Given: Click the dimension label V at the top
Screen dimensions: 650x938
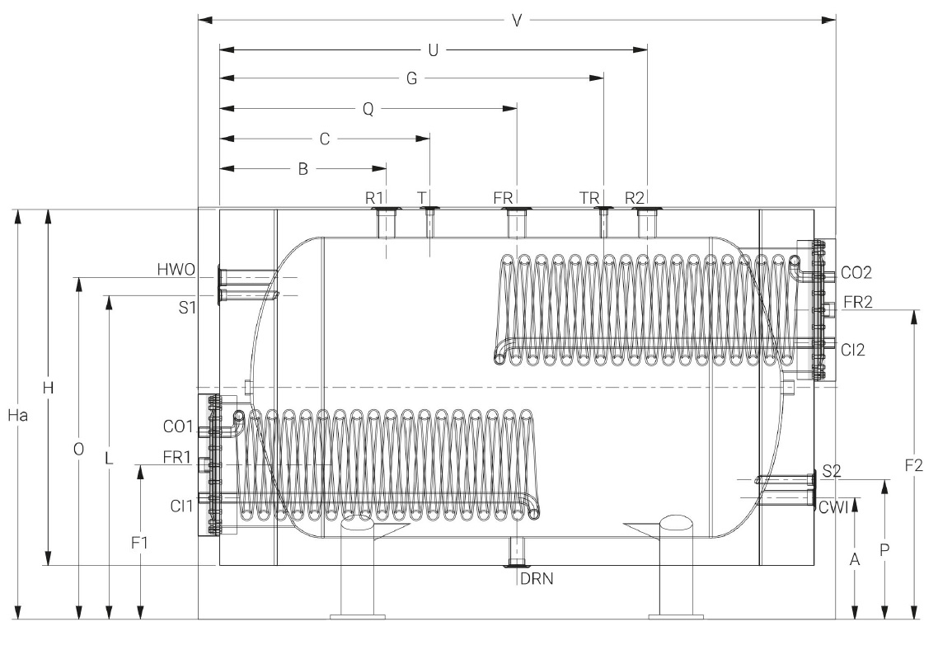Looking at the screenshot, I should [x=517, y=20].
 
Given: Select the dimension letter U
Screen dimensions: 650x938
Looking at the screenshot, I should [x=432, y=50].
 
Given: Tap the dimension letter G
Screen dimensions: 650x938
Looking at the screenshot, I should [x=412, y=79].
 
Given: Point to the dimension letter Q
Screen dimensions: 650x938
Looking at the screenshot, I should [x=368, y=109].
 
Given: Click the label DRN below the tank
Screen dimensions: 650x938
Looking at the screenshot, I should [x=537, y=578].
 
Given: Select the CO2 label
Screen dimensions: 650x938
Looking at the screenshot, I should [x=856, y=272].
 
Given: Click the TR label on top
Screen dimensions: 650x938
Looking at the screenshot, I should [x=589, y=198].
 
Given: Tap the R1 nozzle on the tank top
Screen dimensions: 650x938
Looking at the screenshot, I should [x=386, y=223].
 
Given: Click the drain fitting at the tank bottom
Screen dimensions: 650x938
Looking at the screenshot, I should [x=517, y=551].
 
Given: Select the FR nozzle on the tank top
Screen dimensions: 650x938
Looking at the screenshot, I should [x=516, y=223].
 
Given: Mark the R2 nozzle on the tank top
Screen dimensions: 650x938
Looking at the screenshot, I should [x=646, y=223].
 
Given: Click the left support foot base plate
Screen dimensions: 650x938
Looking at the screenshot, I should [x=358, y=615].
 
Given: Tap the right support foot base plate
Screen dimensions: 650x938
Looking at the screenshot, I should [x=677, y=615].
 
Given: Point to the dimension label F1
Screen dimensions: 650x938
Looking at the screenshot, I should [x=140, y=543].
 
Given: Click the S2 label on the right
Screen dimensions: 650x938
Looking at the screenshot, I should [x=832, y=472].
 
